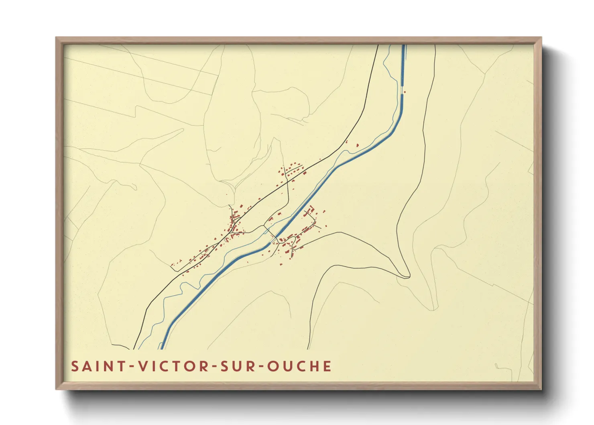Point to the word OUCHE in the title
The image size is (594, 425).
299,366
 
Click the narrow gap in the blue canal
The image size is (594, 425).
403,90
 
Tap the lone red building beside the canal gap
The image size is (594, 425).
405,92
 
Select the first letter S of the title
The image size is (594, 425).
75,366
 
